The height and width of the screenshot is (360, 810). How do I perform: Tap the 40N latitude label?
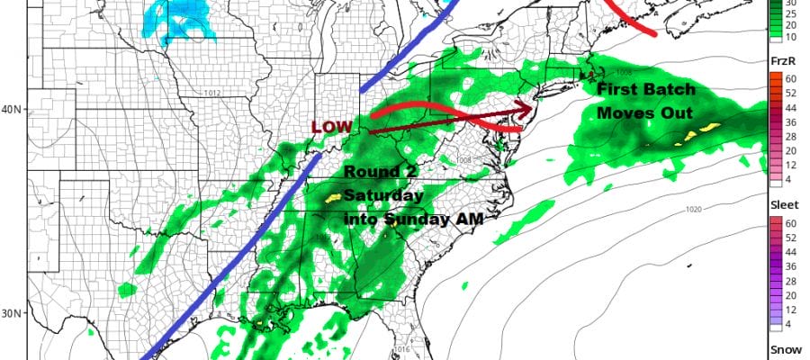pyautogui.click(x=11, y=111)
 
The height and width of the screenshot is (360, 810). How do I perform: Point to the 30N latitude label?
pyautogui.click(x=11, y=314)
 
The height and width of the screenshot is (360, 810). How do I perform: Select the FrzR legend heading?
pyautogui.click(x=780, y=58)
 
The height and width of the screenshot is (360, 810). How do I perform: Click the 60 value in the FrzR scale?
pyautogui.click(x=774, y=78)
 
